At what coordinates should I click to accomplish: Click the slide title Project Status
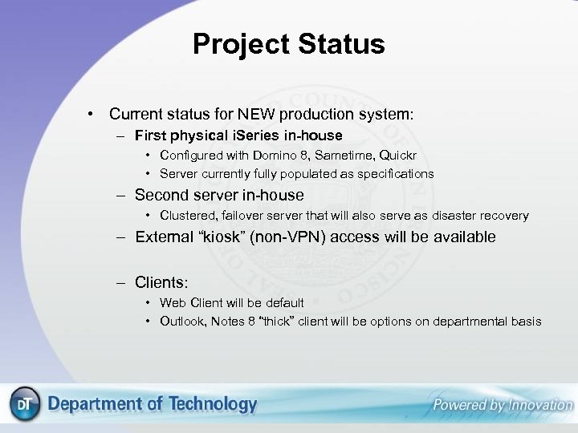click(x=288, y=44)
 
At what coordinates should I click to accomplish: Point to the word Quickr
click(x=396, y=155)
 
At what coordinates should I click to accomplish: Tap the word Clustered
click(x=187, y=216)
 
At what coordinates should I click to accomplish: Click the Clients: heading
click(x=161, y=282)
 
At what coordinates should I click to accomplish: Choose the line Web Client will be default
click(x=231, y=303)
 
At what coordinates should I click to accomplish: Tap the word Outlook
click(x=183, y=322)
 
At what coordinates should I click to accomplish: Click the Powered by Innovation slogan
click(x=502, y=405)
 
